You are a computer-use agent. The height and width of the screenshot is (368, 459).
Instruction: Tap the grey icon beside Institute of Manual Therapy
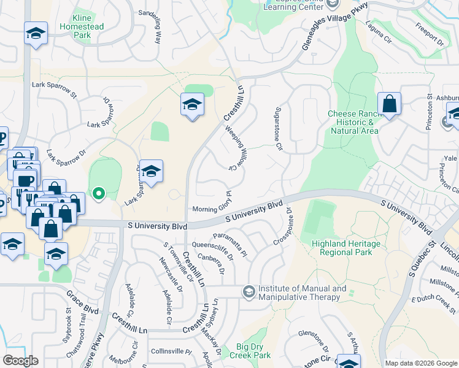click(249, 289)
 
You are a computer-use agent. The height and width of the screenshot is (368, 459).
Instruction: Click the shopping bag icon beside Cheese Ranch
click(389, 104)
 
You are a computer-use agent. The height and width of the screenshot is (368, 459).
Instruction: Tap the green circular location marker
click(98, 194)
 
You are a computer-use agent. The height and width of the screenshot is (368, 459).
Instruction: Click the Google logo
click(20, 360)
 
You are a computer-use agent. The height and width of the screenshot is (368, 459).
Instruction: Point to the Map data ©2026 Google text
click(420, 363)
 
